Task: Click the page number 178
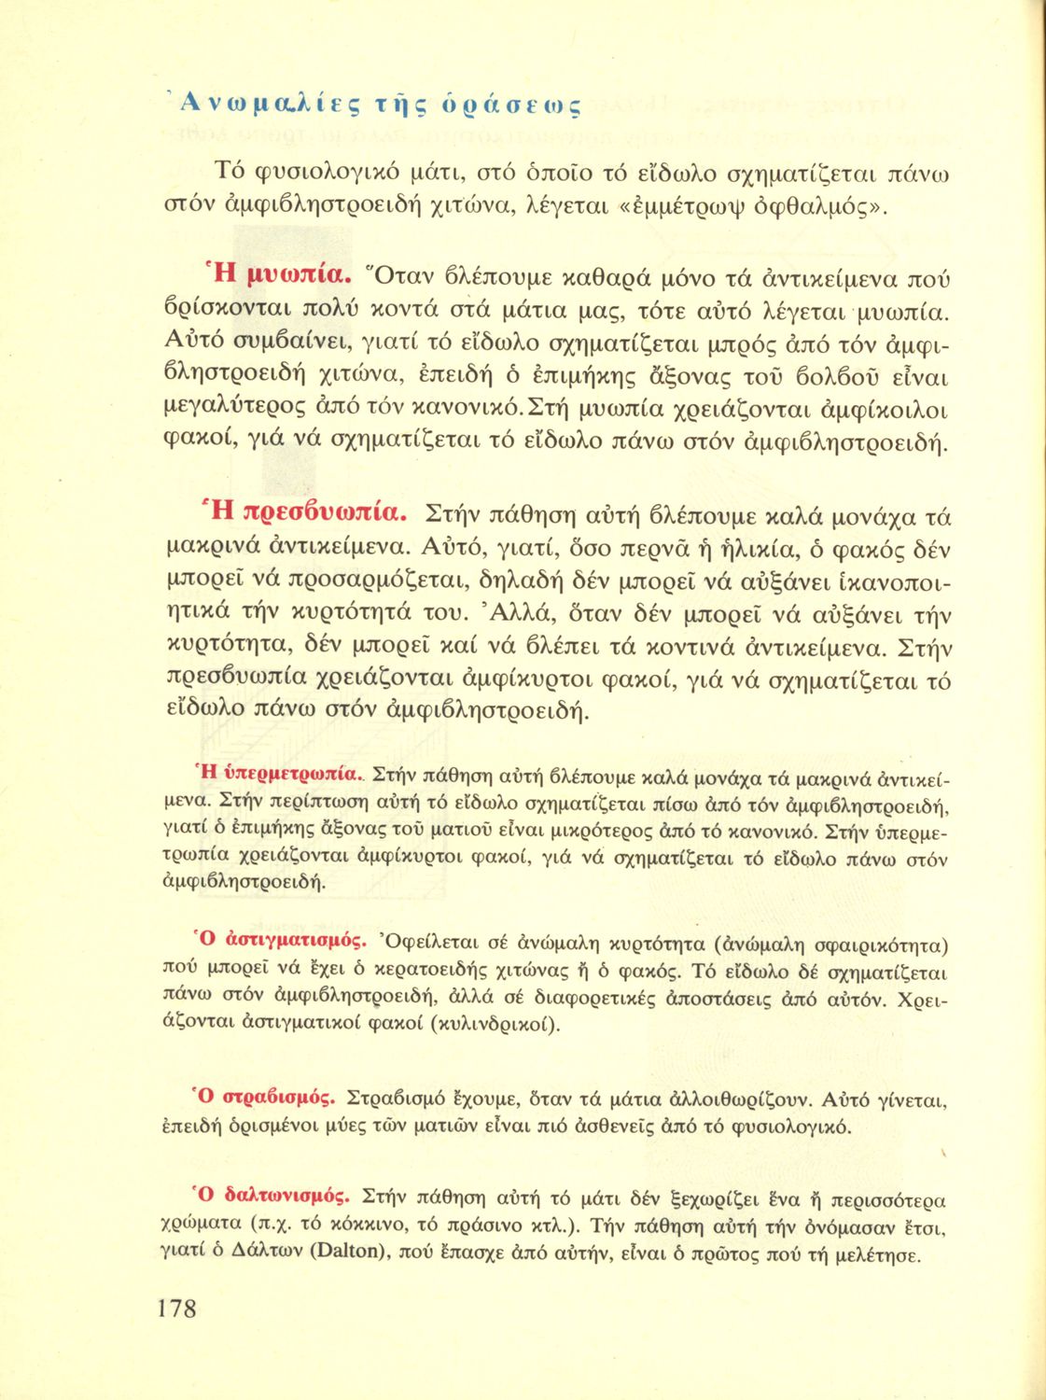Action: coord(177,1308)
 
